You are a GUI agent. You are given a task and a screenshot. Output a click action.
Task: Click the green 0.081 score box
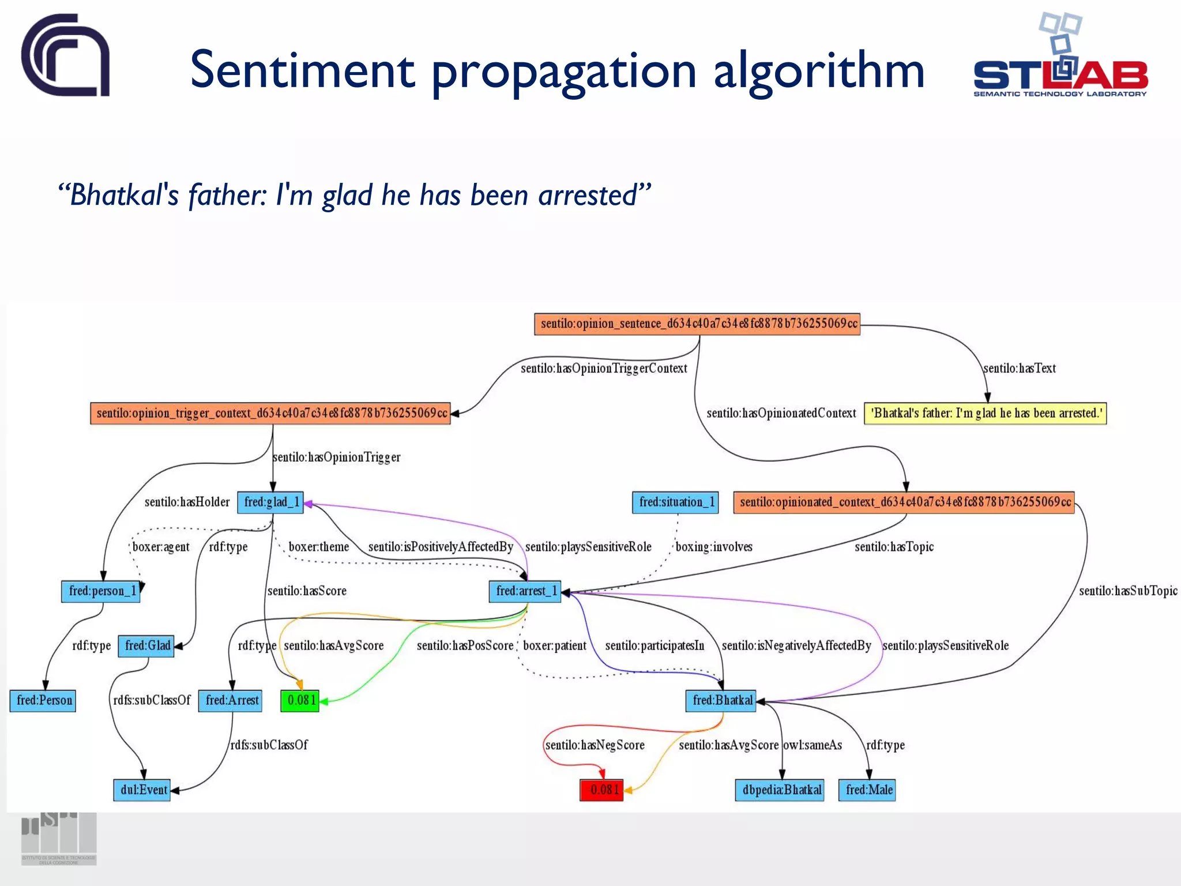click(x=300, y=700)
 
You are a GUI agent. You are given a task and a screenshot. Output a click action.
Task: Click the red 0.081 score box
click(x=601, y=790)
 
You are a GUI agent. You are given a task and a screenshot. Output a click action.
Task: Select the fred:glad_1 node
click(x=270, y=502)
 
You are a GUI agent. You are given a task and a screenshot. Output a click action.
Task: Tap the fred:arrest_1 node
click(x=525, y=591)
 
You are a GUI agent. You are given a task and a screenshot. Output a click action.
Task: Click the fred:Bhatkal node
click(x=721, y=700)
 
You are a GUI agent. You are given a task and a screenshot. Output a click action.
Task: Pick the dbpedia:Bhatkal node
click(x=780, y=790)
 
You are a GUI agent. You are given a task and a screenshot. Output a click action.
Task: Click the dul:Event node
click(x=142, y=790)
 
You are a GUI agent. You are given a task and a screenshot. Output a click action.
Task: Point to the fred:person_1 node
click(x=101, y=591)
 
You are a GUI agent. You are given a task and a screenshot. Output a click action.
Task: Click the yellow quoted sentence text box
click(x=985, y=413)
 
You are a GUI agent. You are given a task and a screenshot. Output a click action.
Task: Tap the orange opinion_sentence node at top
click(x=697, y=324)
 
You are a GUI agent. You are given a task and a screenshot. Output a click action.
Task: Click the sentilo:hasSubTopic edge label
click(x=1127, y=591)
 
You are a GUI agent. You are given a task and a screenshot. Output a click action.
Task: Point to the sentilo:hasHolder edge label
click(x=187, y=502)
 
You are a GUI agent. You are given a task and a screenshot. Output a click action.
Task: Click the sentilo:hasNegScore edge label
click(x=595, y=745)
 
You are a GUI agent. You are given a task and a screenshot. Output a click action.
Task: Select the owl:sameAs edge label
click(x=812, y=745)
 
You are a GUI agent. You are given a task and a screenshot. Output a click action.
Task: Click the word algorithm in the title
click(x=818, y=70)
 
